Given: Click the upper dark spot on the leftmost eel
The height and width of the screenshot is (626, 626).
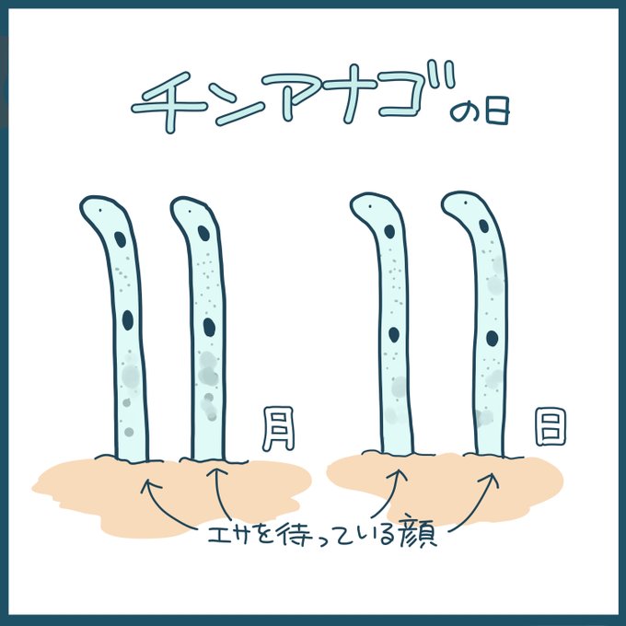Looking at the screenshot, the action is coord(121,241).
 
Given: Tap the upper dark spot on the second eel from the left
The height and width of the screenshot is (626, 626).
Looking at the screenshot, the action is coord(203,233).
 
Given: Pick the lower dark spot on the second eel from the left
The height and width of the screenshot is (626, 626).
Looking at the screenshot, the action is coord(210,327).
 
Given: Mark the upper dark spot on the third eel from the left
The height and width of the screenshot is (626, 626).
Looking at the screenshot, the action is coord(389,231).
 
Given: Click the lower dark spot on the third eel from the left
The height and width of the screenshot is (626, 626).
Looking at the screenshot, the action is coord(394,334).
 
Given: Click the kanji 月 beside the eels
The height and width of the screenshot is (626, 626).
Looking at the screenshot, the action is coord(277,429).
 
